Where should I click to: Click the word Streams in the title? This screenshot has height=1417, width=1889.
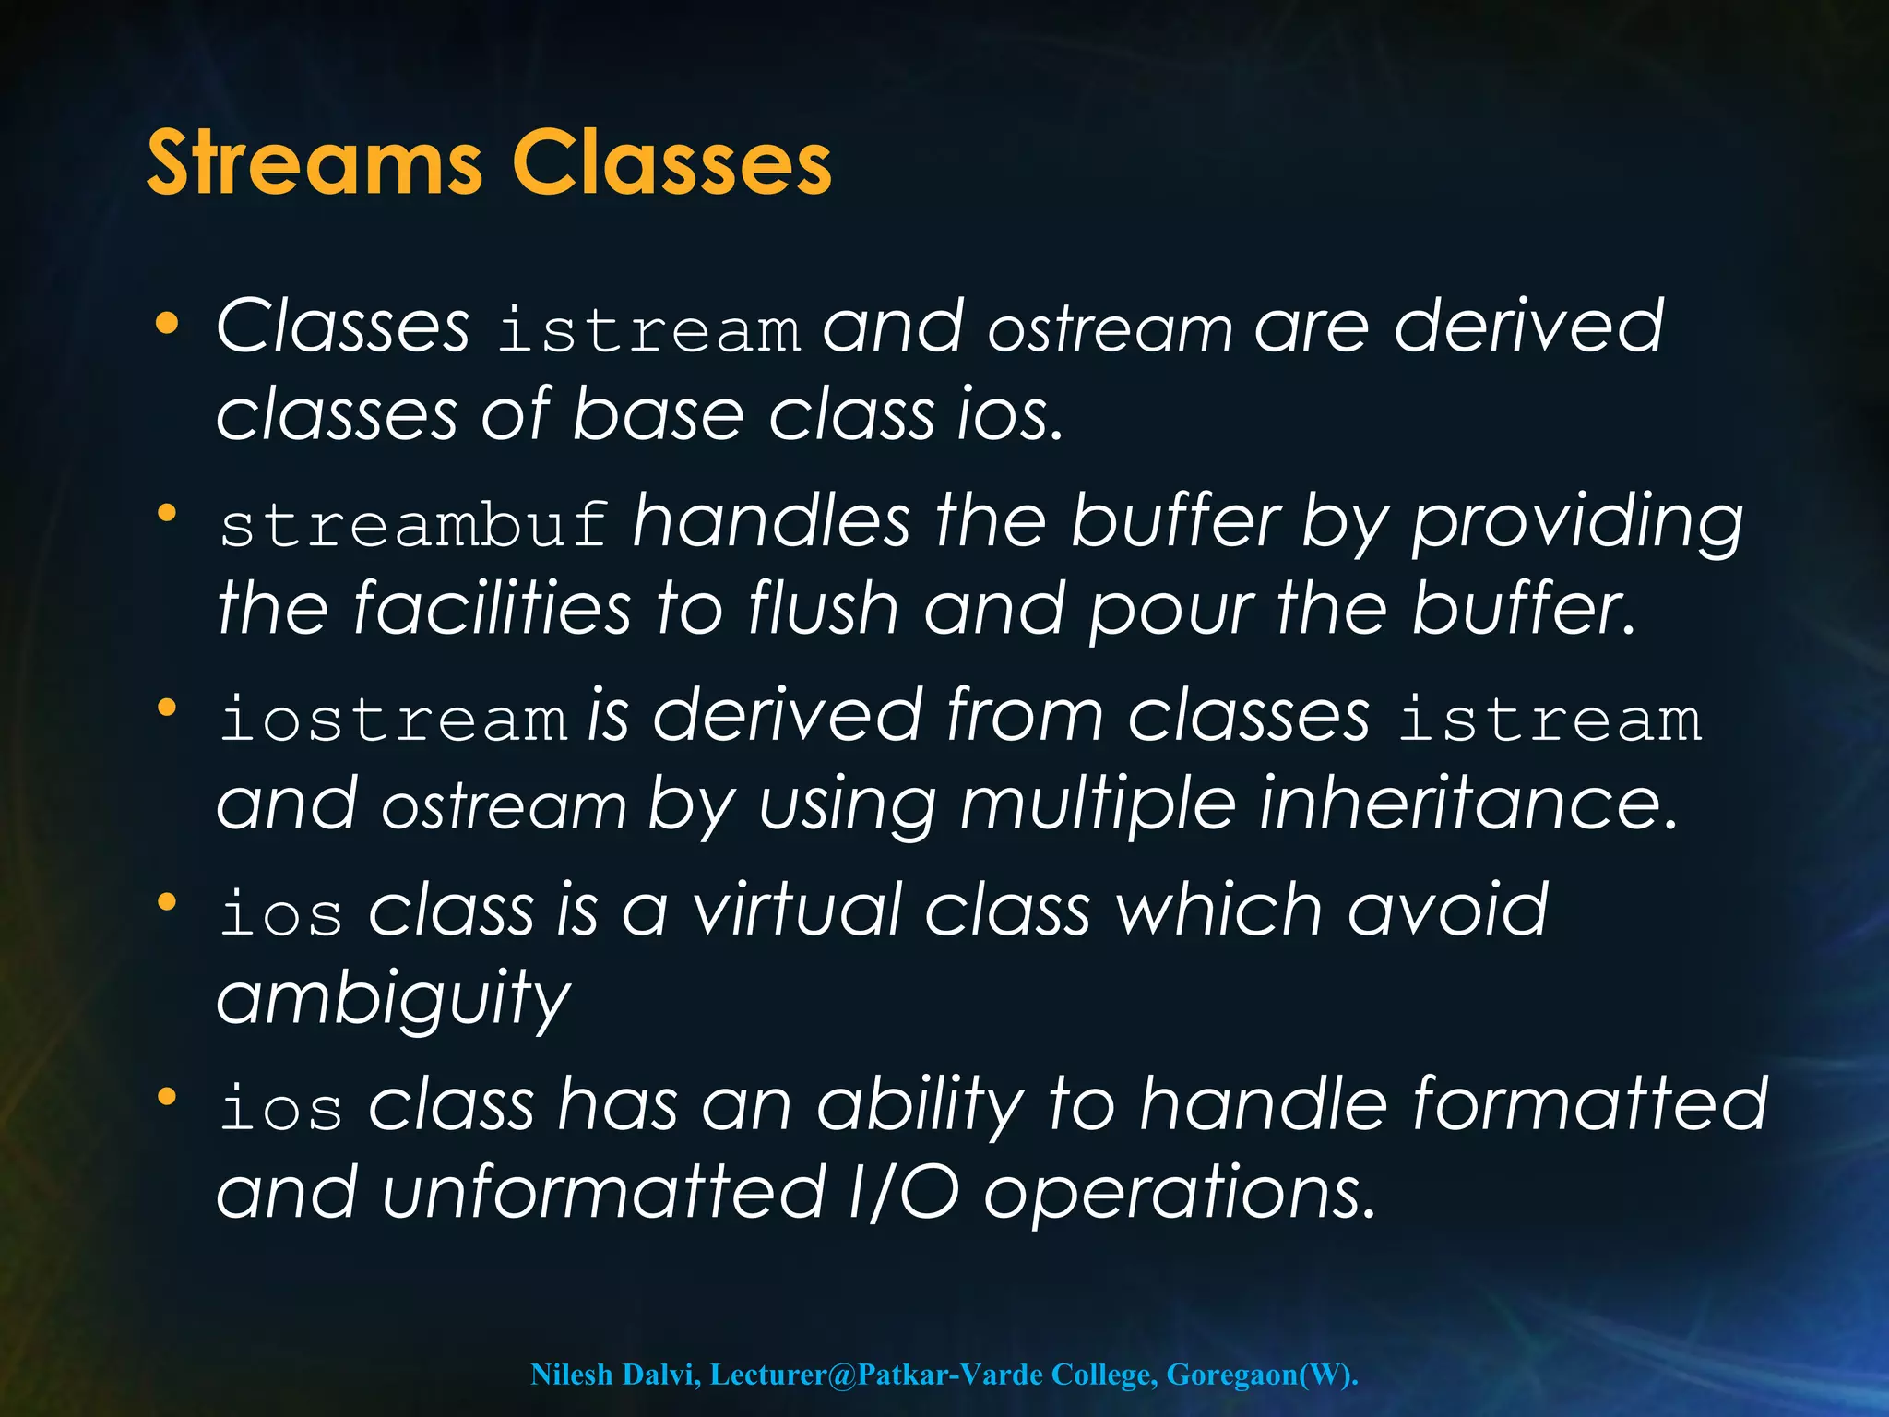coord(314,163)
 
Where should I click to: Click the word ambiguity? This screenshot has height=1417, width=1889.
coord(394,1000)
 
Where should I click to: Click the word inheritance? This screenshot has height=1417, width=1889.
coord(1467,804)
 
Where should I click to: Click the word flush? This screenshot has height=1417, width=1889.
coord(823,609)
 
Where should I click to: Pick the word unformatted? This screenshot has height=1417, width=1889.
coord(604,1193)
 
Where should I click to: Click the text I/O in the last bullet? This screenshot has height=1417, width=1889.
coord(903,1193)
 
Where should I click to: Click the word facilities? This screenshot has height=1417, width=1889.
coord(493,609)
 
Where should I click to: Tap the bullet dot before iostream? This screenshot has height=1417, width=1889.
coord(167,708)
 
